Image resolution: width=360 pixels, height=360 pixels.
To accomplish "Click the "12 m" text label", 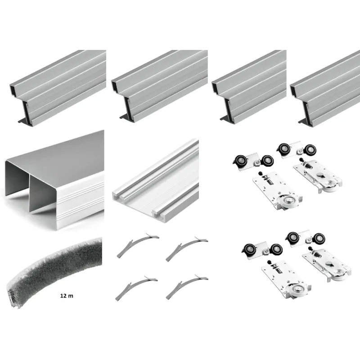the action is point(67,296).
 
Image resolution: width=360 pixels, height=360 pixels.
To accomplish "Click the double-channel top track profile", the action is point(54,180).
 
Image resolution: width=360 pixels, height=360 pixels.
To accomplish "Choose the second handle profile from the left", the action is point(159,86).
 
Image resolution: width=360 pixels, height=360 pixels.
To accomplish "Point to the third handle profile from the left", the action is point(249,85).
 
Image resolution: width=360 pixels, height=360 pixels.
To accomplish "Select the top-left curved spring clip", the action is point(138,245).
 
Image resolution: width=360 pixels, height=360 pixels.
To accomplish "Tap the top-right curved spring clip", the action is point(186,249).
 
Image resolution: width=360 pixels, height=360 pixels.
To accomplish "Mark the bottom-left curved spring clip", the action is point(136,288).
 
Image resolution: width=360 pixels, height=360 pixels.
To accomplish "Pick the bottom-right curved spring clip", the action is point(187,287).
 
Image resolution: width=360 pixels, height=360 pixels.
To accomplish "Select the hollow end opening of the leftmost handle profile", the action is point(13,88).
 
